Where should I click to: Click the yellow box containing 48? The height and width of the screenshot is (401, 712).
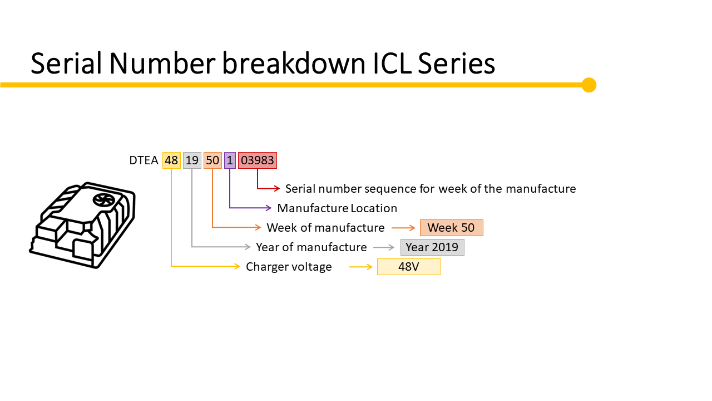(171, 160)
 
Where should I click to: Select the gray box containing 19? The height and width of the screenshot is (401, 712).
(192, 160)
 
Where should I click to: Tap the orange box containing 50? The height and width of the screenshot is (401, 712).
(212, 160)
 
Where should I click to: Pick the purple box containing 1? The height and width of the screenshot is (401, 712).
(230, 160)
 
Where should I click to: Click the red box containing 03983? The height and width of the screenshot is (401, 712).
(258, 160)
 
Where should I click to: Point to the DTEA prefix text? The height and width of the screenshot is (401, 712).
(144, 161)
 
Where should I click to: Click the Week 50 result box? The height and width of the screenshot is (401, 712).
(451, 228)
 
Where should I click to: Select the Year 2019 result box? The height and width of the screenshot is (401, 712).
(432, 247)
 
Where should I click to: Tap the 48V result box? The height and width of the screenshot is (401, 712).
(409, 267)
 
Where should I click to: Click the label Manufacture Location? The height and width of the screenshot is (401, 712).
(337, 208)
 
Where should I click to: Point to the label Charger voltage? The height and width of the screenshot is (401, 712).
(289, 267)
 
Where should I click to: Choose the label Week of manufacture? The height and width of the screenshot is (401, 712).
(325, 228)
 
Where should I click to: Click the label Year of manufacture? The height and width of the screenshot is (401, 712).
(311, 247)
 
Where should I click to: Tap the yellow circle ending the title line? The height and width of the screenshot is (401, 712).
(589, 85)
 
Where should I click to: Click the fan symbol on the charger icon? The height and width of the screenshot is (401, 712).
(103, 200)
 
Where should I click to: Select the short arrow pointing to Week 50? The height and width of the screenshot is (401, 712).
(404, 228)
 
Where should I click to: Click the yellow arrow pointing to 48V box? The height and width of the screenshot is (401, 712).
(361, 267)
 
